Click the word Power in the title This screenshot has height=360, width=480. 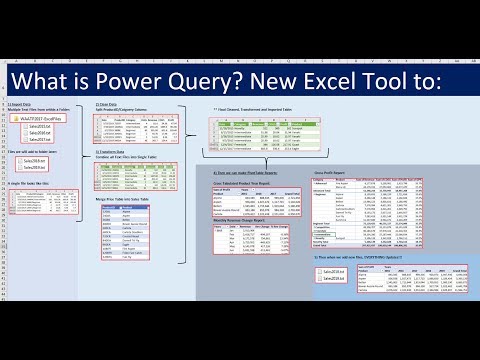click(x=138, y=77)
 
